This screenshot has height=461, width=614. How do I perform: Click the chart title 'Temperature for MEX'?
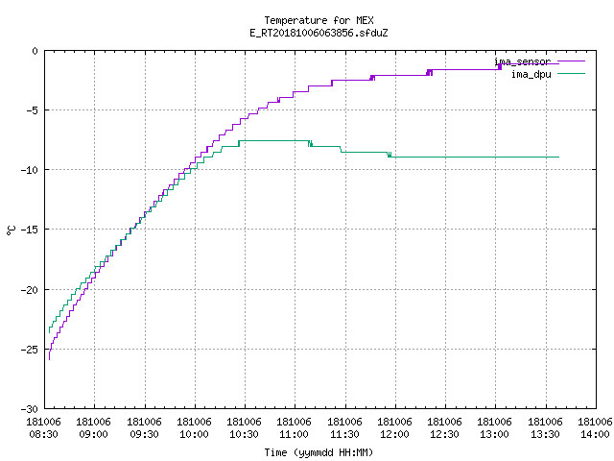tap(319, 20)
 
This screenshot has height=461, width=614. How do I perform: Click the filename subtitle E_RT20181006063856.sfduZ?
tap(319, 33)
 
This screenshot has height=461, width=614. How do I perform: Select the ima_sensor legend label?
tap(522, 61)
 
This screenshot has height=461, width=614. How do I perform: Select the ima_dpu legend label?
tap(531, 74)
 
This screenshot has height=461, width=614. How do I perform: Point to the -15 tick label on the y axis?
tap(30, 230)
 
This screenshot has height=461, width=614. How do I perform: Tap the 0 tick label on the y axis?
tap(35, 51)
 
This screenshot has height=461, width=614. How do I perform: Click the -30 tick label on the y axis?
tap(30, 409)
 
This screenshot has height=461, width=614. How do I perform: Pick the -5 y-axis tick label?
tap(32, 110)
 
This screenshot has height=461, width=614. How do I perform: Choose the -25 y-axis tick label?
tap(30, 350)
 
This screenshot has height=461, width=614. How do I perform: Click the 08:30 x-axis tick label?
tap(43, 434)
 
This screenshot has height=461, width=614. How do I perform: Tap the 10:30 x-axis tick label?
tap(244, 434)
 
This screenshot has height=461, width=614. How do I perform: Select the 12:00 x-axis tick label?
tap(394, 434)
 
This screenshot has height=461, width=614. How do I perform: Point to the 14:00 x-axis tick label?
tap(595, 434)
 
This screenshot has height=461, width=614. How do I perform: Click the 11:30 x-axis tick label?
tap(344, 434)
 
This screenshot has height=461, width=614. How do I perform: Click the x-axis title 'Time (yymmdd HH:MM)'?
tap(319, 452)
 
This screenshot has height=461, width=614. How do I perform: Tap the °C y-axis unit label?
tap(11, 230)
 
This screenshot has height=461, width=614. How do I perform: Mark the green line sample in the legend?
tap(571, 73)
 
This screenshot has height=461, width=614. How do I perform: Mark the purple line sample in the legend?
tap(571, 61)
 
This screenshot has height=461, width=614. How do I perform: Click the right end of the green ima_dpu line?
tap(558, 157)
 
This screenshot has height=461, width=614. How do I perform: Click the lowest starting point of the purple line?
tap(49, 359)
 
